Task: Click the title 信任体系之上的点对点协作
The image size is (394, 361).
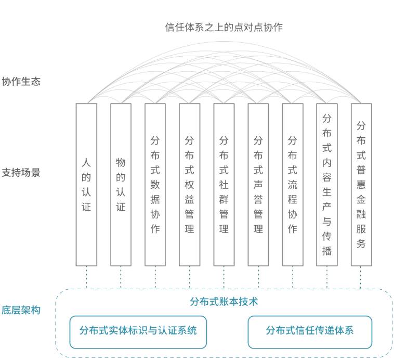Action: (224, 27)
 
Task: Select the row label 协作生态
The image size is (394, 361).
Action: (21, 82)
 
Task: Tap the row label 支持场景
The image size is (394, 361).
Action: (21, 172)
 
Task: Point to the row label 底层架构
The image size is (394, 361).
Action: (21, 311)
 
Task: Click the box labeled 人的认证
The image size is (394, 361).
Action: (86, 184)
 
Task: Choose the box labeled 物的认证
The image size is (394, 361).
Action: (121, 184)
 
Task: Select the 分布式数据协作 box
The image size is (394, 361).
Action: (155, 184)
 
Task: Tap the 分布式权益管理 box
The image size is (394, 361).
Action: (189, 184)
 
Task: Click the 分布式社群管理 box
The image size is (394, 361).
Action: (224, 184)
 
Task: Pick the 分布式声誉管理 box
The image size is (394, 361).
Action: (258, 184)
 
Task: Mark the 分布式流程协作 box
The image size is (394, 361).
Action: (292, 184)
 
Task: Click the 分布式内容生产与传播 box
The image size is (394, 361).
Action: (327, 184)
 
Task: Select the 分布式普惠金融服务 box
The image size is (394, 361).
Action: (361, 184)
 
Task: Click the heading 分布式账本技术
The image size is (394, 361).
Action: (224, 301)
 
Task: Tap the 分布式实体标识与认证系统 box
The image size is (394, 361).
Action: (138, 331)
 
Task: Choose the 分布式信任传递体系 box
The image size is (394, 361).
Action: (310, 331)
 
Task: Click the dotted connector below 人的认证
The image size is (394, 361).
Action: (86, 277)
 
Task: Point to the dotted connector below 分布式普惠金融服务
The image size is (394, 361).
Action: (361, 277)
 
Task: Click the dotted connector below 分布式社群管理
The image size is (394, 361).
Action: (224, 277)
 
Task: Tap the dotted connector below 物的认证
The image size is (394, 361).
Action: (121, 277)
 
